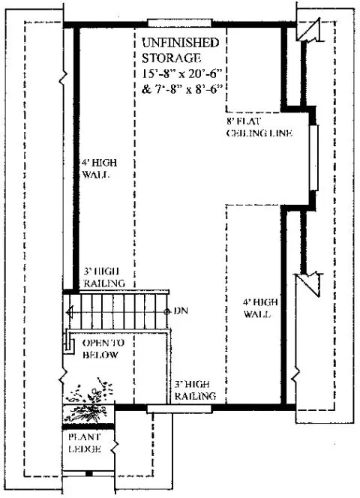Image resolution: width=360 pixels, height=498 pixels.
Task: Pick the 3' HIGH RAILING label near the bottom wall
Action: coord(196,391)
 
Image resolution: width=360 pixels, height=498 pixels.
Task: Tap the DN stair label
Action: coord(180,310)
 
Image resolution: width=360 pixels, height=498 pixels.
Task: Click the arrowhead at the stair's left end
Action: coord(69,310)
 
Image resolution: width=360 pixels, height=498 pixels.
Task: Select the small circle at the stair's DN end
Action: coord(166,310)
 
